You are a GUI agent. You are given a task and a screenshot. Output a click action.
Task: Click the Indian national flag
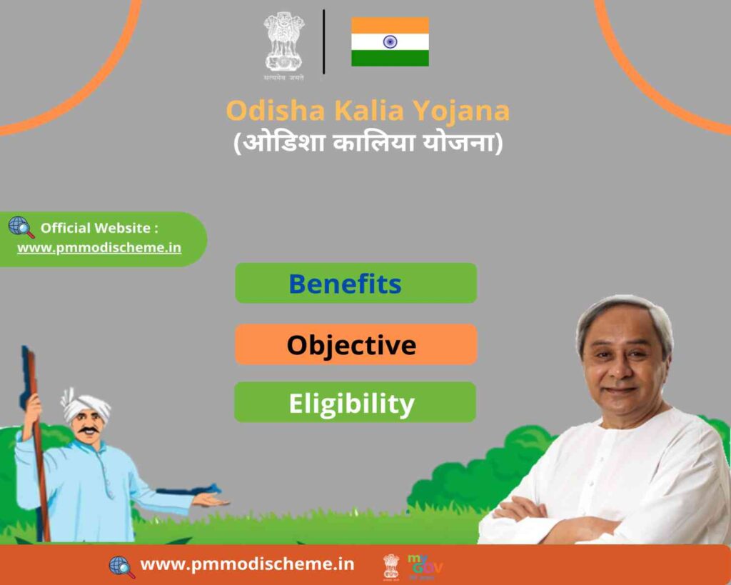(390, 41)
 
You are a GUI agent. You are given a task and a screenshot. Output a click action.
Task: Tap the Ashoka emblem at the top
(284, 46)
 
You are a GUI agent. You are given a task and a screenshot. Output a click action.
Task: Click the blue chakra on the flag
(390, 42)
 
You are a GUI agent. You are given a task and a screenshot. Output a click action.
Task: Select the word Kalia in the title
(369, 111)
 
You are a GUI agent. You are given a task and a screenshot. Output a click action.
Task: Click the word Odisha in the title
(276, 111)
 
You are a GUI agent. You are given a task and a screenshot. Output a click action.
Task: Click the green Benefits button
(356, 283)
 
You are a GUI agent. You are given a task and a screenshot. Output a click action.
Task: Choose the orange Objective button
(356, 344)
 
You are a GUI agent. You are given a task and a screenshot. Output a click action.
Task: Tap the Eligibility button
(356, 402)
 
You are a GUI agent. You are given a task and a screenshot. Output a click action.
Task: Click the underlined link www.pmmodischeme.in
(99, 248)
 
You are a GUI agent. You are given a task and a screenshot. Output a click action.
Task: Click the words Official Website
(95, 228)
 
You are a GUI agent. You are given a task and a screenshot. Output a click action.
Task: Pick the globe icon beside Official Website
(21, 227)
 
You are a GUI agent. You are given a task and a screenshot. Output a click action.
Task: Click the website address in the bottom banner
(247, 564)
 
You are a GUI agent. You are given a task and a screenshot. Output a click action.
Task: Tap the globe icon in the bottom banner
(121, 567)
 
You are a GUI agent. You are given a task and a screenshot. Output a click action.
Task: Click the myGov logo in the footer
(424, 566)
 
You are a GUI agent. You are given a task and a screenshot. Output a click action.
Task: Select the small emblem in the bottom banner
(391, 567)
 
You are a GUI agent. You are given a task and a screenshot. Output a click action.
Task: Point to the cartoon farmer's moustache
(88, 430)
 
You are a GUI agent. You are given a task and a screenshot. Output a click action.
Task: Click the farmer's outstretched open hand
(211, 500)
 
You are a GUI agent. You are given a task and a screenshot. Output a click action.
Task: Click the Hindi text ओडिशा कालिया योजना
(368, 142)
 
